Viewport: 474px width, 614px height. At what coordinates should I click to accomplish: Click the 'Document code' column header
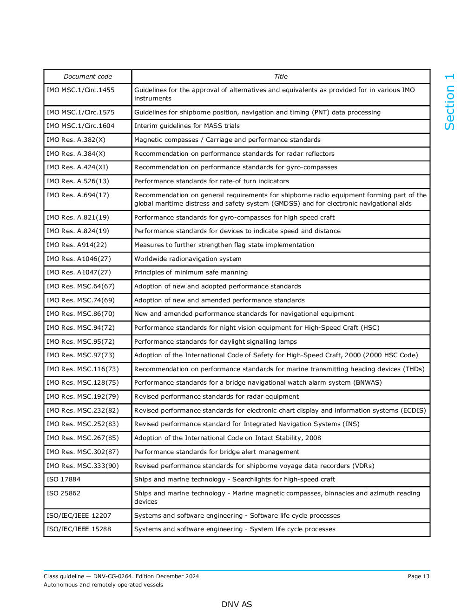pyautogui.click(x=88, y=77)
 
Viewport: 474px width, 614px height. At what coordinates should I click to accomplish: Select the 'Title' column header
pyautogui.click(x=281, y=77)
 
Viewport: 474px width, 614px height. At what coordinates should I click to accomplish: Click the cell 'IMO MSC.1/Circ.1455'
pyautogui.click(x=80, y=90)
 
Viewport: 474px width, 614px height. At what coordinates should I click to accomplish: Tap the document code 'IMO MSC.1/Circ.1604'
pyautogui.click(x=80, y=126)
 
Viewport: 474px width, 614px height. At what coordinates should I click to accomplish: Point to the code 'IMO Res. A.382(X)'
pyautogui.click(x=76, y=140)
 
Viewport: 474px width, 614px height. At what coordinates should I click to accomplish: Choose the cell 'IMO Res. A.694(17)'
pyautogui.click(x=78, y=195)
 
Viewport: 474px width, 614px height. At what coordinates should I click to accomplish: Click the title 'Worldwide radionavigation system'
pyautogui.click(x=188, y=259)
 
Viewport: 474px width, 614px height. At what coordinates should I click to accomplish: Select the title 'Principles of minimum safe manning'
pyautogui.click(x=191, y=273)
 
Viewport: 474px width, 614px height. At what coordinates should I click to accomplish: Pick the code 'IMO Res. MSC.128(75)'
pyautogui.click(x=83, y=383)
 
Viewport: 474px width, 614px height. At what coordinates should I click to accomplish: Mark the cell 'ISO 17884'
pyautogui.click(x=63, y=480)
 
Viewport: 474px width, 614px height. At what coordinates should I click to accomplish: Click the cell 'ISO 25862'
pyautogui.click(x=63, y=494)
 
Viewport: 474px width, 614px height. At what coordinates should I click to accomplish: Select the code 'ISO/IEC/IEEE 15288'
pyautogui.click(x=79, y=529)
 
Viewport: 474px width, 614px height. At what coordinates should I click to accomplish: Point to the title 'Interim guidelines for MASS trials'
pyautogui.click(x=187, y=126)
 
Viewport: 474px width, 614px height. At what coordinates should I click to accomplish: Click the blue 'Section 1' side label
pyautogui.click(x=449, y=102)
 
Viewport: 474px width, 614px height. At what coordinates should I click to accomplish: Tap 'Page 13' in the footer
pyautogui.click(x=418, y=576)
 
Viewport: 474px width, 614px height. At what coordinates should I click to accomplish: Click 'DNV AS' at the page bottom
pyautogui.click(x=237, y=604)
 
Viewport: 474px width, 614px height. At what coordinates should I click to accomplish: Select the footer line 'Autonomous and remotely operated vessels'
pyautogui.click(x=103, y=585)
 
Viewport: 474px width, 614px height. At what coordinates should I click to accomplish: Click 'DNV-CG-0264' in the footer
pyautogui.click(x=112, y=576)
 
